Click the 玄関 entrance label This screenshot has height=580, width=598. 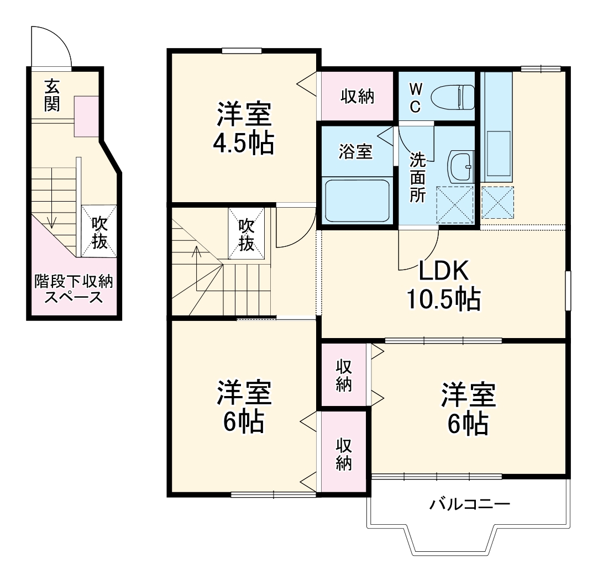pos(52,94)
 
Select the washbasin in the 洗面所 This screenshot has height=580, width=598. pos(460,166)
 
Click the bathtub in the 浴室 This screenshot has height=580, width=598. pos(358,199)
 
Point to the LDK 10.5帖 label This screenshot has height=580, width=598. pos(443,284)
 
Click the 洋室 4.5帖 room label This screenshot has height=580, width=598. pos(244,128)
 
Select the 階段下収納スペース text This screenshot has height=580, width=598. pos(74,289)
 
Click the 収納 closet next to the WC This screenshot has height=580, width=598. pos(357,97)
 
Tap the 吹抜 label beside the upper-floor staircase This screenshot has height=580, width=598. pos(246,234)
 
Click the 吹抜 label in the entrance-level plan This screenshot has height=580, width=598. pos(99,233)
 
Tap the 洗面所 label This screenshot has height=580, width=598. pos(417,177)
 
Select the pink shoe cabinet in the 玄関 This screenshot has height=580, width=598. pos(86,115)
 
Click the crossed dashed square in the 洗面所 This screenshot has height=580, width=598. pos(455,204)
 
